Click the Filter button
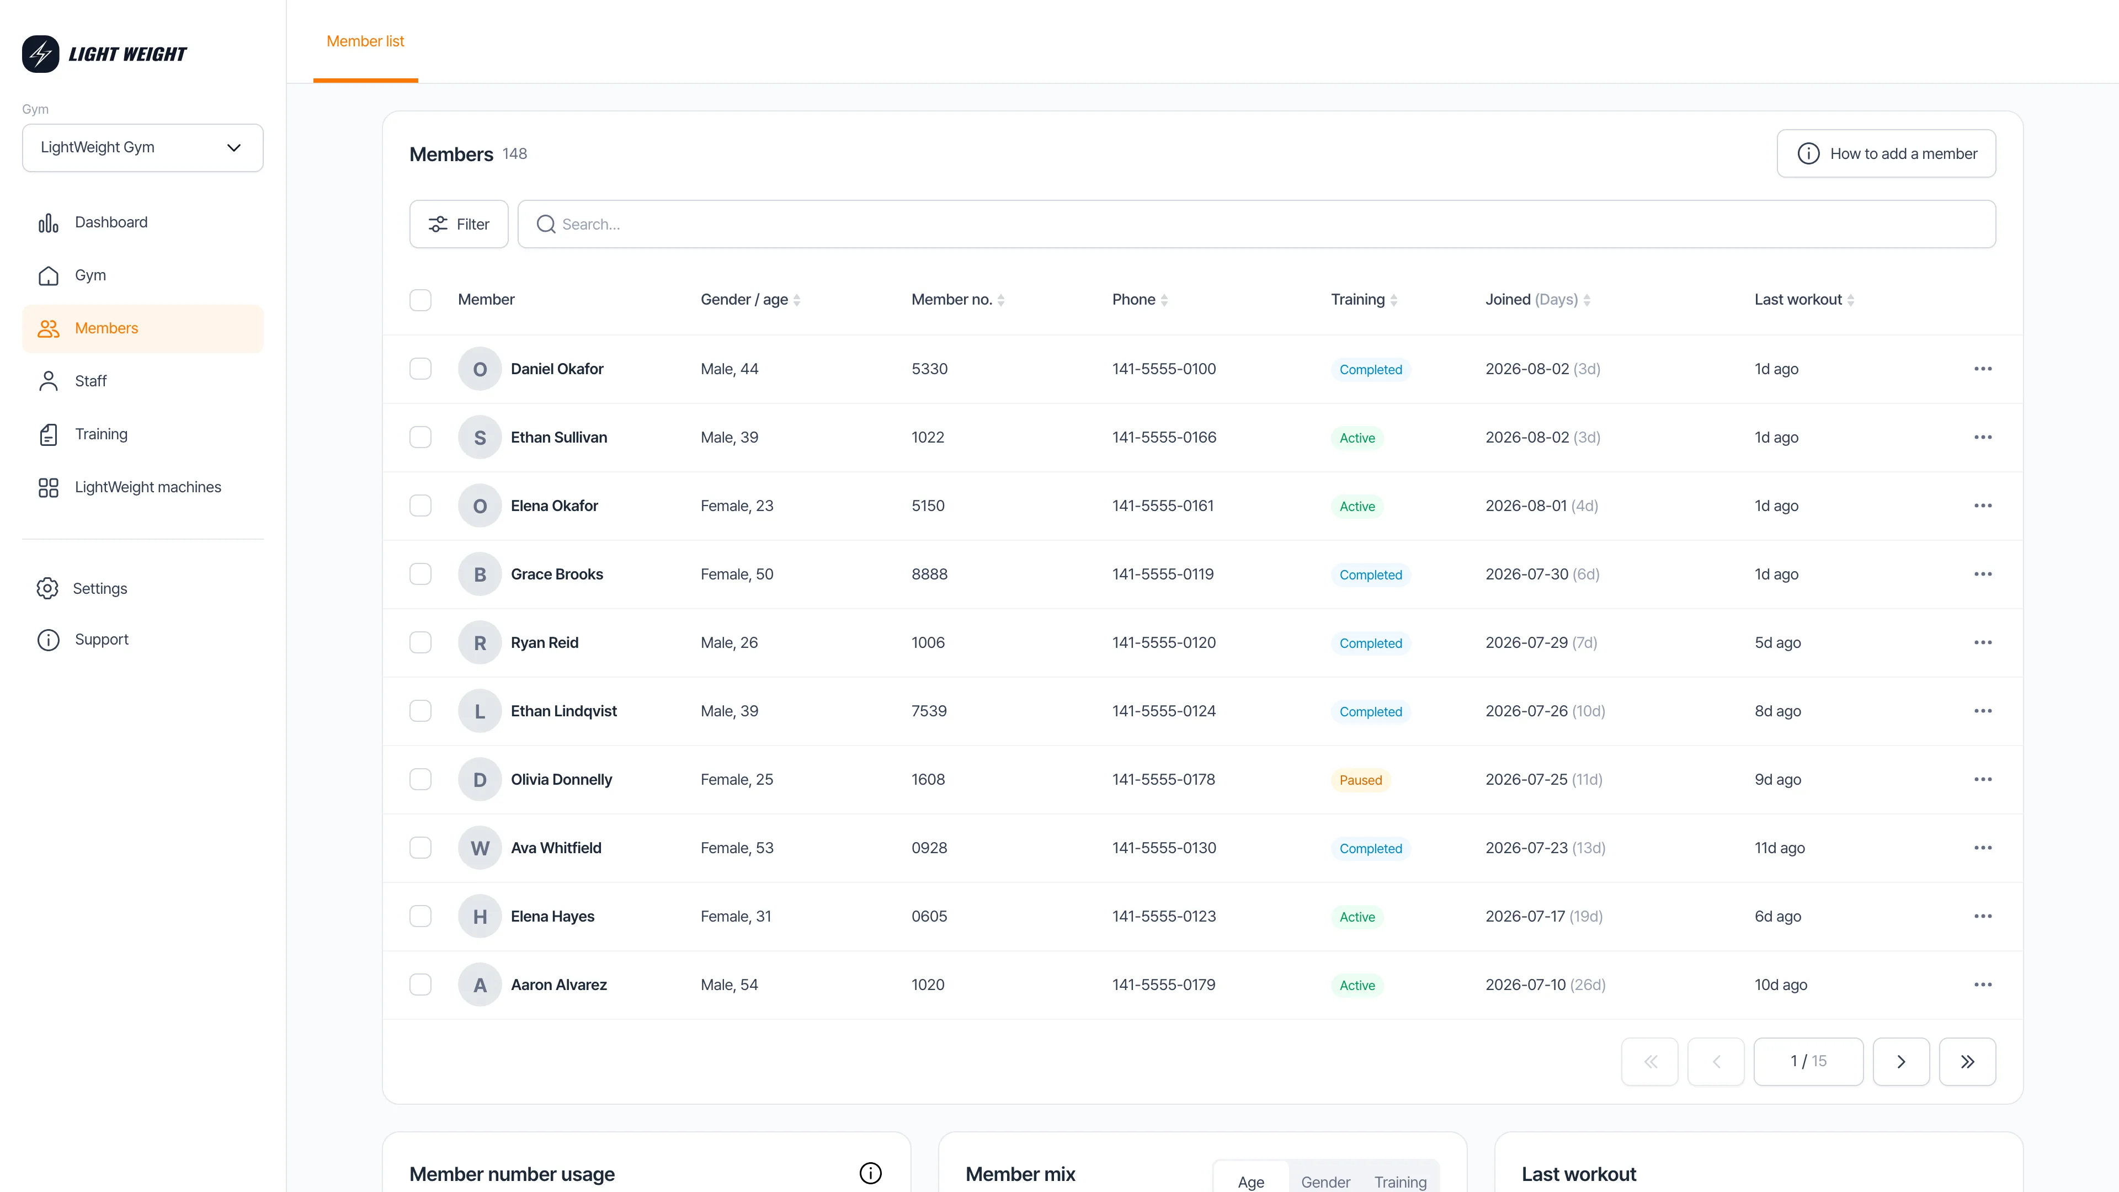459,223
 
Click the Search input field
1256,223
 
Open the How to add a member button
1886,154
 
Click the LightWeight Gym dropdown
142,147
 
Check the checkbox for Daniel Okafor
420,369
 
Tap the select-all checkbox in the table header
420,300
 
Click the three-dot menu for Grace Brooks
1983,574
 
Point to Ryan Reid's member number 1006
928,642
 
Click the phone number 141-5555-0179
1163,985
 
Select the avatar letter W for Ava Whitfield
480,848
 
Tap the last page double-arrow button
1967,1061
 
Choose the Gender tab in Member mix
1325,1182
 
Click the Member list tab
365,41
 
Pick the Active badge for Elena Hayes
1356,917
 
